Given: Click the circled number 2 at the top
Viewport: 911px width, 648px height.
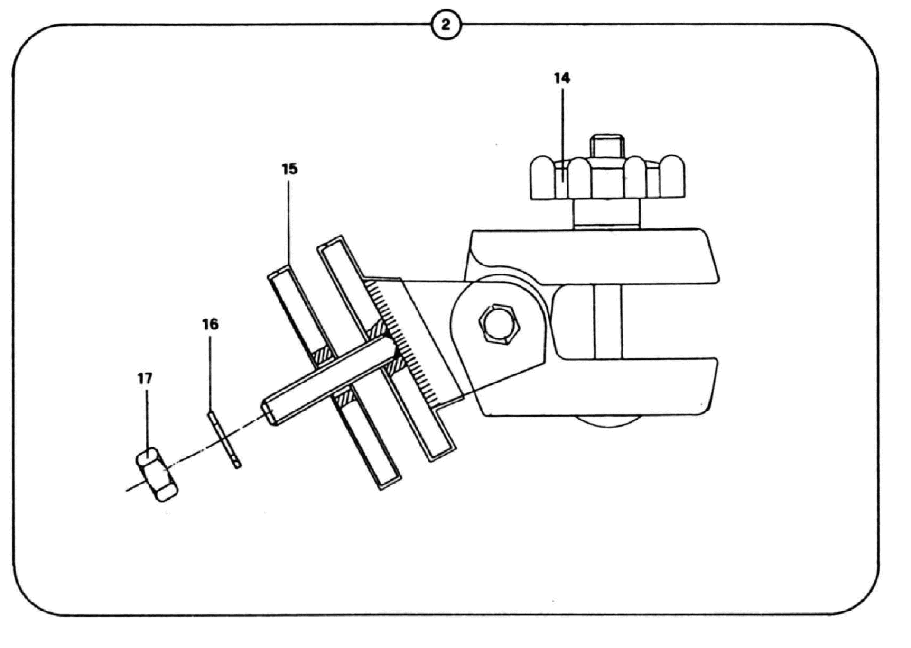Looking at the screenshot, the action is [x=446, y=25].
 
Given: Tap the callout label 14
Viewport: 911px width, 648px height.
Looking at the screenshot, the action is [x=562, y=78].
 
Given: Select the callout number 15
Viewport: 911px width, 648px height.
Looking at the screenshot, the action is [x=289, y=169].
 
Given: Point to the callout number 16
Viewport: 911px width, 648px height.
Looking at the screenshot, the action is [x=210, y=324].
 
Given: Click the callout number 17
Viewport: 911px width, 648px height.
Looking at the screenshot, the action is [x=145, y=378].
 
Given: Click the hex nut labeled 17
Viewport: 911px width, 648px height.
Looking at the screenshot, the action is [x=157, y=475].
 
